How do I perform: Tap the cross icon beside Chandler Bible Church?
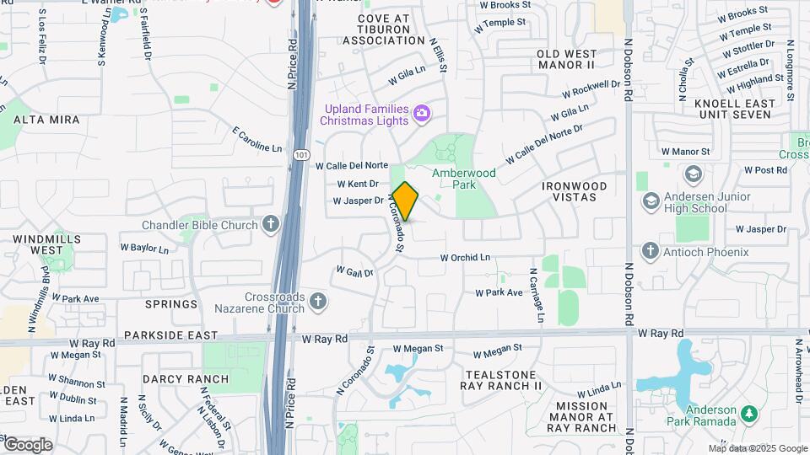pos(270,224)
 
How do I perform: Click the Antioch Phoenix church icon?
pos(650,251)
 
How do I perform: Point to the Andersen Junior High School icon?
pos(651,201)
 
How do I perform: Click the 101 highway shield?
pos(301,155)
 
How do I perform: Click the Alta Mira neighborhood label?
pos(46,120)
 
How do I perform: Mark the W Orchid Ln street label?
pos(466,257)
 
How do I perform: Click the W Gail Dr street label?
pos(354,271)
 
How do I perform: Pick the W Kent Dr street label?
pos(358,184)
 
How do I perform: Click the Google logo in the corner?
pos(28,444)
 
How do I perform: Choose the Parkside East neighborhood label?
pos(164,335)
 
